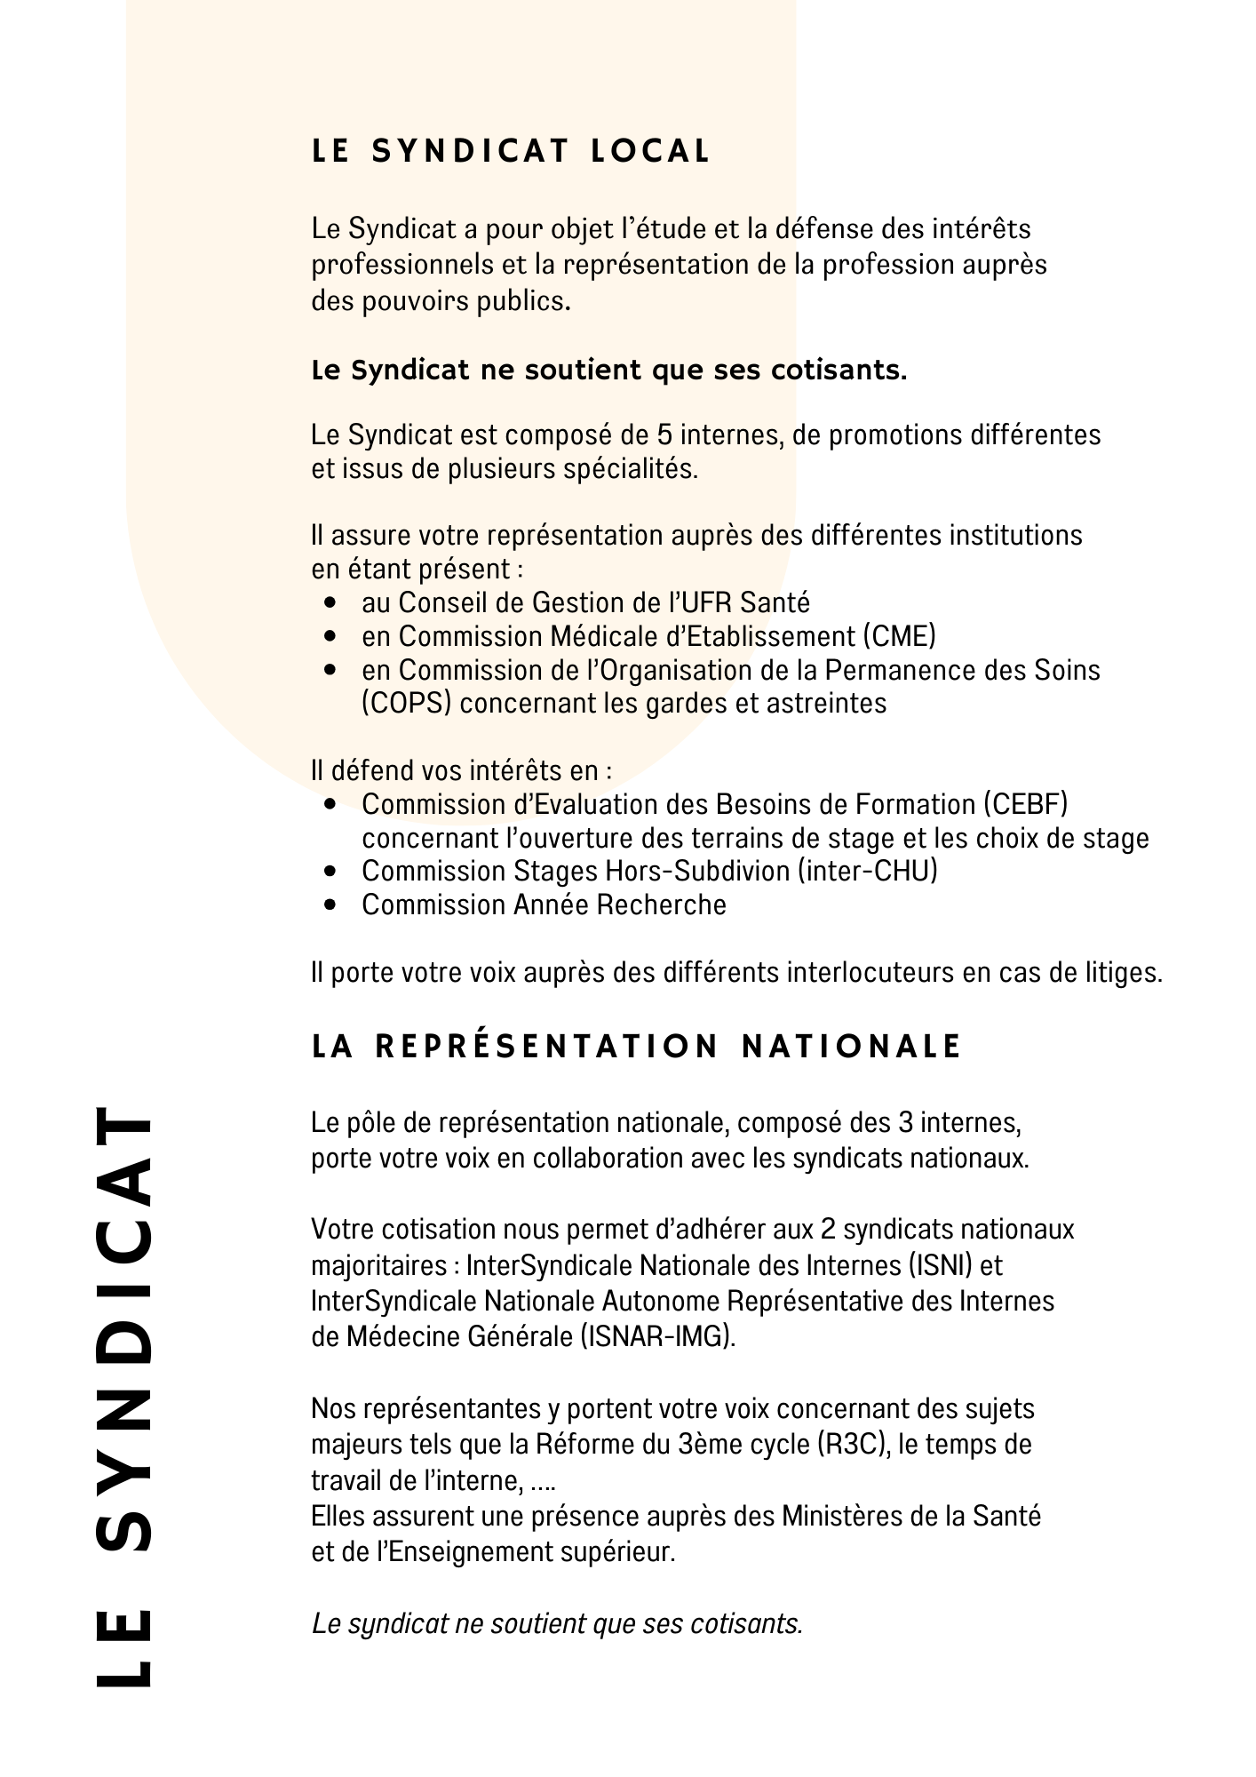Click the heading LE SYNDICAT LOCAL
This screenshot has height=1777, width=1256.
tap(511, 152)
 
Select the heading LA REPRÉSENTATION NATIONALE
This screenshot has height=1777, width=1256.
tap(637, 1047)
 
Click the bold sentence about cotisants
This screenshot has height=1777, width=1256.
tap(609, 371)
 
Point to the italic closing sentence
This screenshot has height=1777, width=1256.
tap(557, 1624)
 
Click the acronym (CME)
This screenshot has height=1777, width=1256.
tap(898, 636)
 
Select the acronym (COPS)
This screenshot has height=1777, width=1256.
tap(407, 704)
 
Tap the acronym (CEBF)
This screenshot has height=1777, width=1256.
tap(1025, 804)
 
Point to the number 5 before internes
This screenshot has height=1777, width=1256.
tap(664, 435)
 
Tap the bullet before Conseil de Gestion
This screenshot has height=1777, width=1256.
tap(330, 603)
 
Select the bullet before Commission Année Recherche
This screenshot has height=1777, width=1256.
tap(330, 905)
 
